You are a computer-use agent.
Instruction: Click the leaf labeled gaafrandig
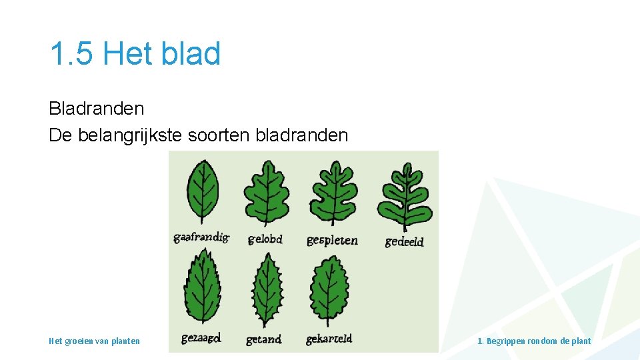click(203, 193)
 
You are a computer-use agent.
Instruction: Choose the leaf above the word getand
click(267, 291)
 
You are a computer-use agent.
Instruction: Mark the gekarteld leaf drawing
click(329, 291)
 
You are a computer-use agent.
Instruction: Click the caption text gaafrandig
click(201, 237)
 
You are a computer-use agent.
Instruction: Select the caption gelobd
click(265, 239)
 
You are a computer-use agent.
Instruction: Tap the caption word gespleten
click(332, 240)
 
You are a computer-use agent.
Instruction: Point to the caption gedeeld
click(404, 241)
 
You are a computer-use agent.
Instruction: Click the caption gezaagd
click(201, 339)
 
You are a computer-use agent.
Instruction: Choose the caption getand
click(263, 339)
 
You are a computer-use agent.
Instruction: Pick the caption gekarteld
click(329, 339)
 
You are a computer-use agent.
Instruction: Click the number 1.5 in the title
click(72, 53)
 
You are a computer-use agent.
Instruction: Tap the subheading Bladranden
click(96, 108)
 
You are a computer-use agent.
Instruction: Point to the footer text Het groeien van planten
click(94, 341)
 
